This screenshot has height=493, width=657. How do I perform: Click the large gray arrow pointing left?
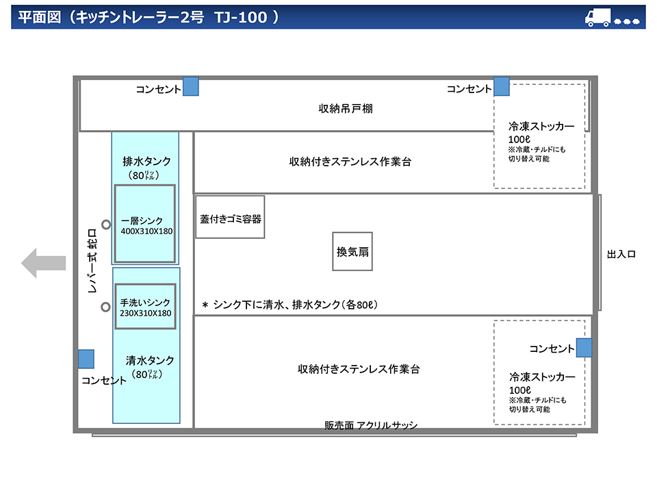[44, 263]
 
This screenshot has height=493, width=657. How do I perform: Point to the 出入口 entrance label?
[621, 254]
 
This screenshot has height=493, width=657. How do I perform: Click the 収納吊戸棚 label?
[346, 109]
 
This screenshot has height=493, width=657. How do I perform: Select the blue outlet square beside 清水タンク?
[86, 359]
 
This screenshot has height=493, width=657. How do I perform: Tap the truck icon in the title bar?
[598, 18]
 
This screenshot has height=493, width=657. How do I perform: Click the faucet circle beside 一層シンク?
[106, 225]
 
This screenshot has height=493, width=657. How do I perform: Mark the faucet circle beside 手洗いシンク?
[105, 307]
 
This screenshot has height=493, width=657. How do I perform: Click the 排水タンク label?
[146, 162]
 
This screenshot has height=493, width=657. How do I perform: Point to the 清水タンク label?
[150, 360]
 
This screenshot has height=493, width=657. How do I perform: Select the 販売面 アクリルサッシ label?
[371, 425]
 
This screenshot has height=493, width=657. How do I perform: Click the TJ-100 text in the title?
[240, 18]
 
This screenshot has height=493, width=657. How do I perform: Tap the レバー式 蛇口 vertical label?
[92, 260]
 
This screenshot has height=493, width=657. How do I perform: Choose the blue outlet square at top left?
[191, 86]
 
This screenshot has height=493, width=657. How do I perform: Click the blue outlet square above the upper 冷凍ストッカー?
[502, 86]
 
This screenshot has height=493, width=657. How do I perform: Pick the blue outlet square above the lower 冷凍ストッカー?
[584, 348]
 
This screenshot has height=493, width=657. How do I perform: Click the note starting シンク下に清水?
[290, 304]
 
